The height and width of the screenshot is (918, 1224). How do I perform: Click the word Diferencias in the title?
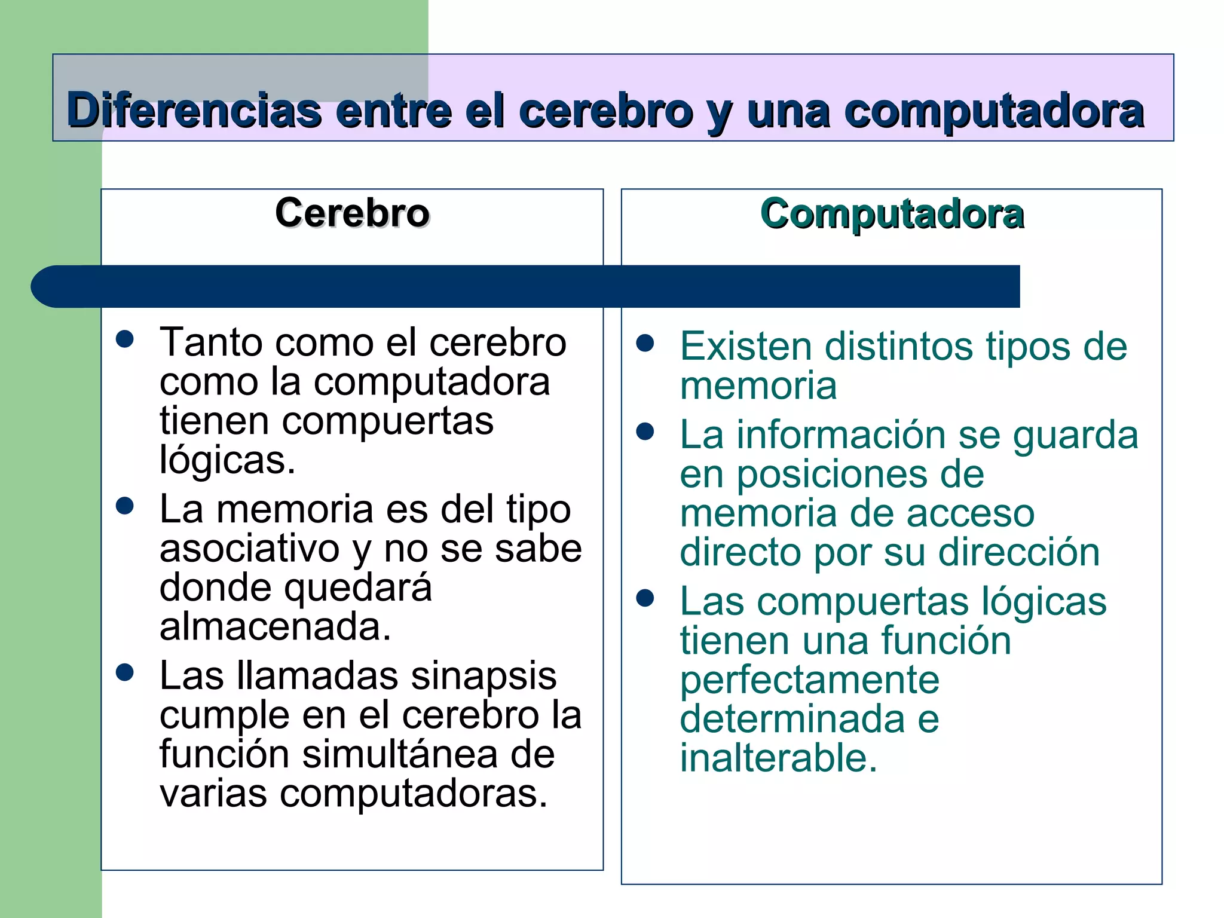[x=194, y=111]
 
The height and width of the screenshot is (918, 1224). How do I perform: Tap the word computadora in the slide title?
[x=994, y=112]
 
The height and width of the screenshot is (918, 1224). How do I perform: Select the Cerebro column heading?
[x=352, y=213]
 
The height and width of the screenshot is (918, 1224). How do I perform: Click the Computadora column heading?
[x=892, y=214]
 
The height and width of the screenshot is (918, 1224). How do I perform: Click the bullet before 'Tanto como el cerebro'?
[x=125, y=339]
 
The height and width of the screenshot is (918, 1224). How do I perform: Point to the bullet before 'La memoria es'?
[x=125, y=506]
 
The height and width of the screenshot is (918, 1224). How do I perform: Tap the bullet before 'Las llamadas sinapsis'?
[x=125, y=672]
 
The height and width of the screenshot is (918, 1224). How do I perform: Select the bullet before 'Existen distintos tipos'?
[x=645, y=343]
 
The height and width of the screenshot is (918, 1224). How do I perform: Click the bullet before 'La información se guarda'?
[x=645, y=432]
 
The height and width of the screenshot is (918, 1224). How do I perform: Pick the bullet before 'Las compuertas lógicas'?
[x=645, y=598]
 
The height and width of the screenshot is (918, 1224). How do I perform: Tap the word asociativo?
[x=250, y=549]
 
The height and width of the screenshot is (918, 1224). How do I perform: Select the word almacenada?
[x=275, y=627]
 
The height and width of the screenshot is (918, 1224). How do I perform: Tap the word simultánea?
[x=400, y=754]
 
